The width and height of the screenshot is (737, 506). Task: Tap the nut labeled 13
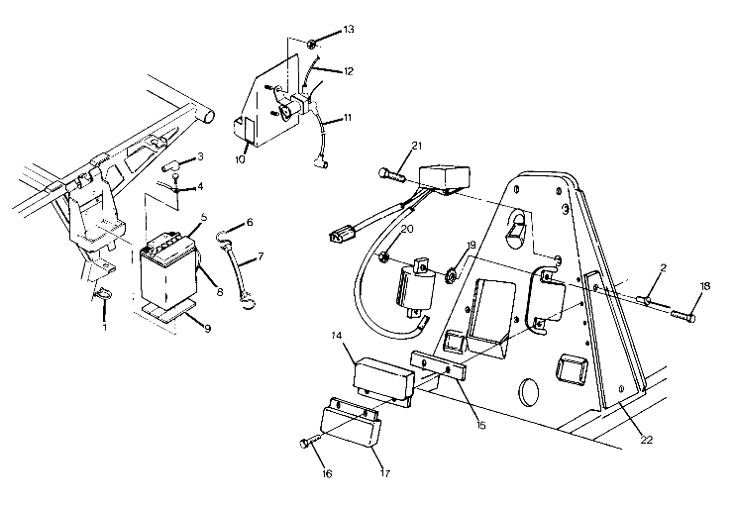[311, 43]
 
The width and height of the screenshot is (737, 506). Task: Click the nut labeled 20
[381, 258]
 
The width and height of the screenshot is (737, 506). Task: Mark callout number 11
[347, 117]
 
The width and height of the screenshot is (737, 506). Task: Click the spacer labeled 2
[643, 299]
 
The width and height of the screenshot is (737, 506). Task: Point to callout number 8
[219, 292]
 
